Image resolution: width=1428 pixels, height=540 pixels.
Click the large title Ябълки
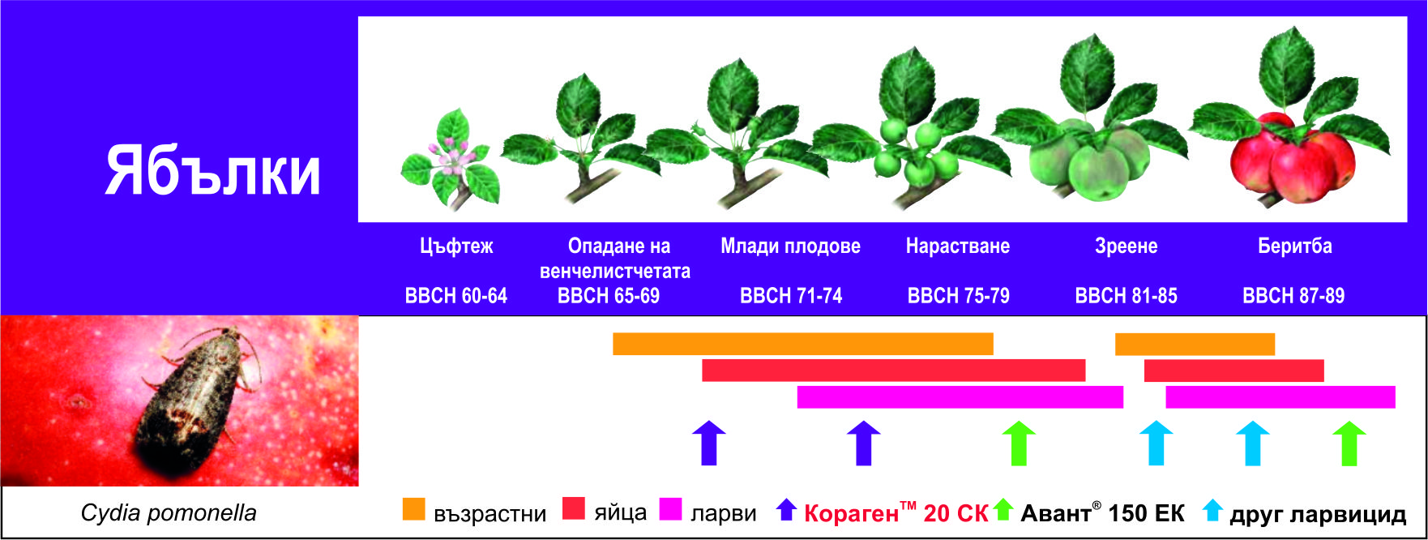point(213,172)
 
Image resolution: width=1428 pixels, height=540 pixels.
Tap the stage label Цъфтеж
point(456,246)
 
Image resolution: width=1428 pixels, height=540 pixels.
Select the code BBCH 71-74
point(791,296)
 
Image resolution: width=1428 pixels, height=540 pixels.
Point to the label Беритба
point(1294,246)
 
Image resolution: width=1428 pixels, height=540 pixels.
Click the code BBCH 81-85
point(1126,296)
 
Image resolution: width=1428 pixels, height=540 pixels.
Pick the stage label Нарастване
point(958,246)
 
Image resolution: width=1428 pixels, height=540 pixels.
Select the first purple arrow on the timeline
point(709,443)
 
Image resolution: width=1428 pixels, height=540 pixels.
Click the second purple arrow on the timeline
point(863,443)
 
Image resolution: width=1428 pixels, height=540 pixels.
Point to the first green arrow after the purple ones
point(1019,444)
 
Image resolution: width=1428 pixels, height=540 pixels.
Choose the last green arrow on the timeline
point(1349,444)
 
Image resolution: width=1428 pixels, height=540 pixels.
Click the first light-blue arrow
point(1157,443)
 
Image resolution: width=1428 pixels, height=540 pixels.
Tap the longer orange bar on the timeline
point(803,344)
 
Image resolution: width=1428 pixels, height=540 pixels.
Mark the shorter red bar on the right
point(1234,371)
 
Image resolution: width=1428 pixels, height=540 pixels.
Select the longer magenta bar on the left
point(960,397)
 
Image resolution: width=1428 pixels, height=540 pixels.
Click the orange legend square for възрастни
point(414,508)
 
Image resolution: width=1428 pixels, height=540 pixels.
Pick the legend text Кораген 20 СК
point(896,512)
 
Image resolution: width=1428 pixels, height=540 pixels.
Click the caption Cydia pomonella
point(169,513)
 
